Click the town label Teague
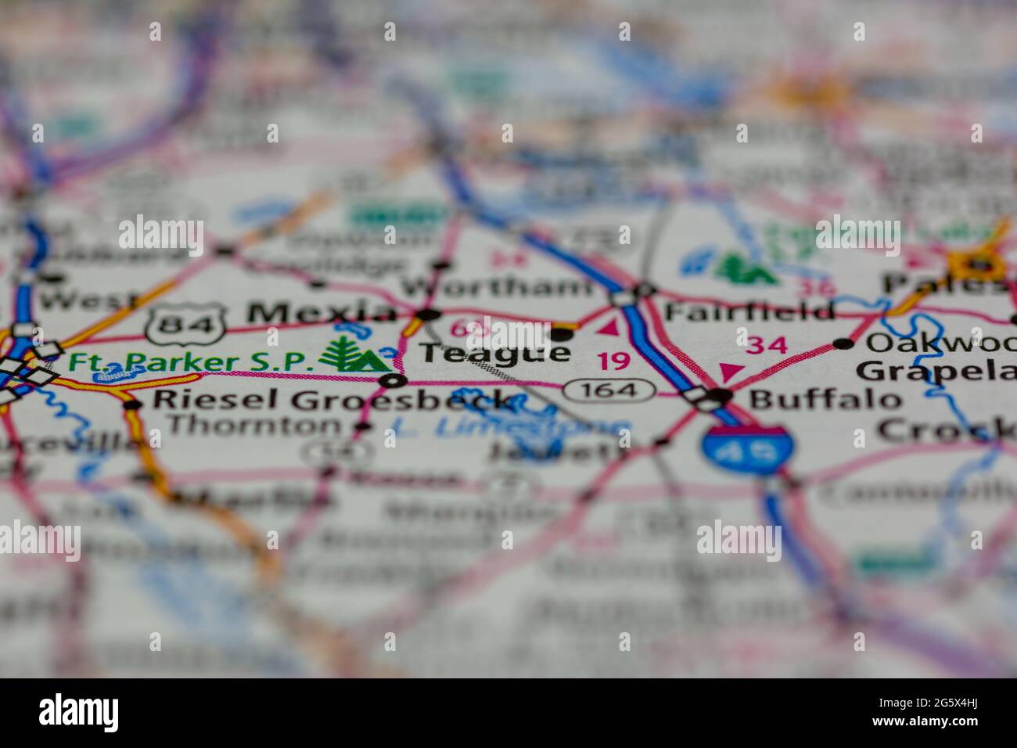click(x=494, y=354)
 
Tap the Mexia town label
click(x=322, y=313)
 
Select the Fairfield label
click(x=749, y=311)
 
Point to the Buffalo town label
click(x=825, y=399)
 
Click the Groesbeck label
click(x=403, y=401)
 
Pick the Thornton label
click(x=254, y=426)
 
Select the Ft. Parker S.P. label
click(x=191, y=361)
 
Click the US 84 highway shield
click(x=185, y=321)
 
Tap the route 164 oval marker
click(x=611, y=389)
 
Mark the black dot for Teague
click(x=561, y=334)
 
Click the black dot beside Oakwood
click(x=843, y=343)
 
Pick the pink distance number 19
click(x=614, y=361)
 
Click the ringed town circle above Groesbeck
click(x=394, y=381)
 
